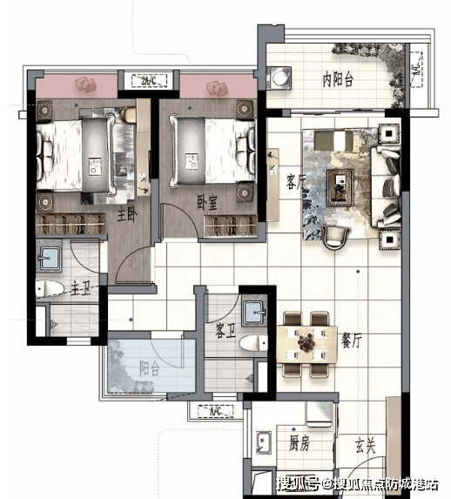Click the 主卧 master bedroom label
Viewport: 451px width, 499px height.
[126, 215]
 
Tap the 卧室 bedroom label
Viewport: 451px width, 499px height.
[207, 202]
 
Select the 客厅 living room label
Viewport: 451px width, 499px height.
[295, 182]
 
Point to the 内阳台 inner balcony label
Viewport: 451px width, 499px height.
[338, 79]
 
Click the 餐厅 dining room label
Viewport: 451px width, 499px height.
[352, 341]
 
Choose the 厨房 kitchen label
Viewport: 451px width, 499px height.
[299, 442]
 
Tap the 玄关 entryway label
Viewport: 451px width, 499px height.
[366, 445]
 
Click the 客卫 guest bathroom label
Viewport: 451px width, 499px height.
[225, 331]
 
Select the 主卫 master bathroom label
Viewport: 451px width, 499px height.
[80, 287]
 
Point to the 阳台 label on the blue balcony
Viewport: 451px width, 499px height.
[150, 369]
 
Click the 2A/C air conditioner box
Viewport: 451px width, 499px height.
[149, 81]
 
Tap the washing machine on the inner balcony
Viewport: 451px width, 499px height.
[279, 78]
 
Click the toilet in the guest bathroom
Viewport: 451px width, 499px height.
[253, 343]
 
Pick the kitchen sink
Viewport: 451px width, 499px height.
[264, 442]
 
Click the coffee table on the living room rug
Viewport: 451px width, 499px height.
[340, 187]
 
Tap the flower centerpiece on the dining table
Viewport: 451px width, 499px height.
[306, 343]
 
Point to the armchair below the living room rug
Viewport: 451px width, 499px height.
[335, 237]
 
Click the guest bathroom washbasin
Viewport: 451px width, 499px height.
[253, 314]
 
